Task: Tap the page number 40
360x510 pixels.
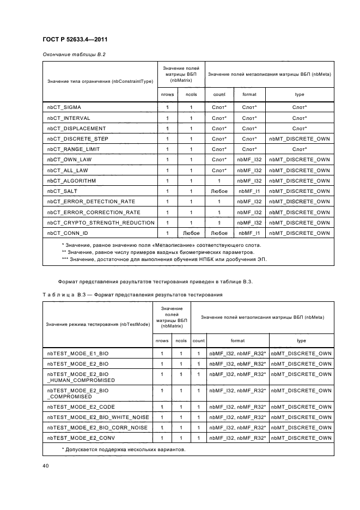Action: point(45,466)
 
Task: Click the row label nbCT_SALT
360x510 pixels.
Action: point(62,191)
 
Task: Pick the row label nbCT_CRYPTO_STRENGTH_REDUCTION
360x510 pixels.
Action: point(100,222)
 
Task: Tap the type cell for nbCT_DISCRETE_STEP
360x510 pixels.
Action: point(299,139)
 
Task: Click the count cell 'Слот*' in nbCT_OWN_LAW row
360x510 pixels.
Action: point(219,160)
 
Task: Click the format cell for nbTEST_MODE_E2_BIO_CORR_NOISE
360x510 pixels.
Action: point(237,427)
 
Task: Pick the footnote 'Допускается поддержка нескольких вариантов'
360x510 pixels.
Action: point(124,450)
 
